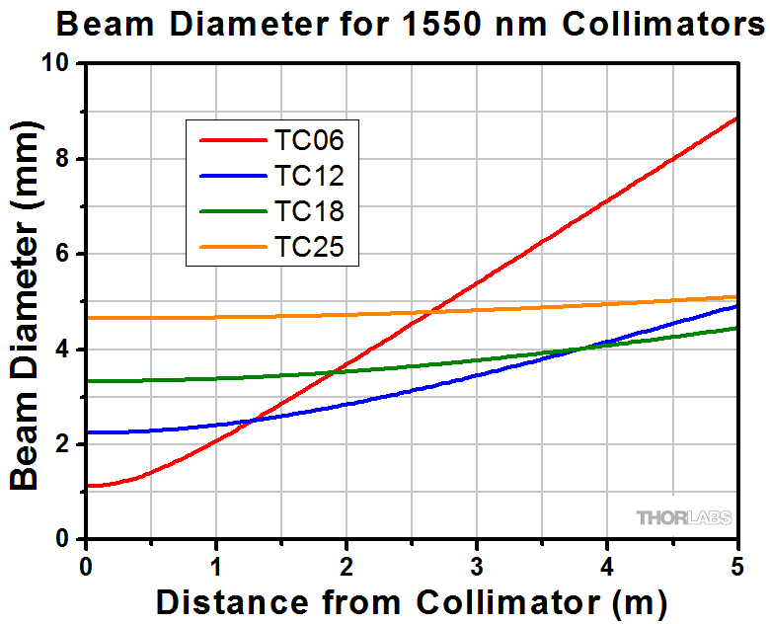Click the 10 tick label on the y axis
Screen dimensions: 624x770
click(x=62, y=64)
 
